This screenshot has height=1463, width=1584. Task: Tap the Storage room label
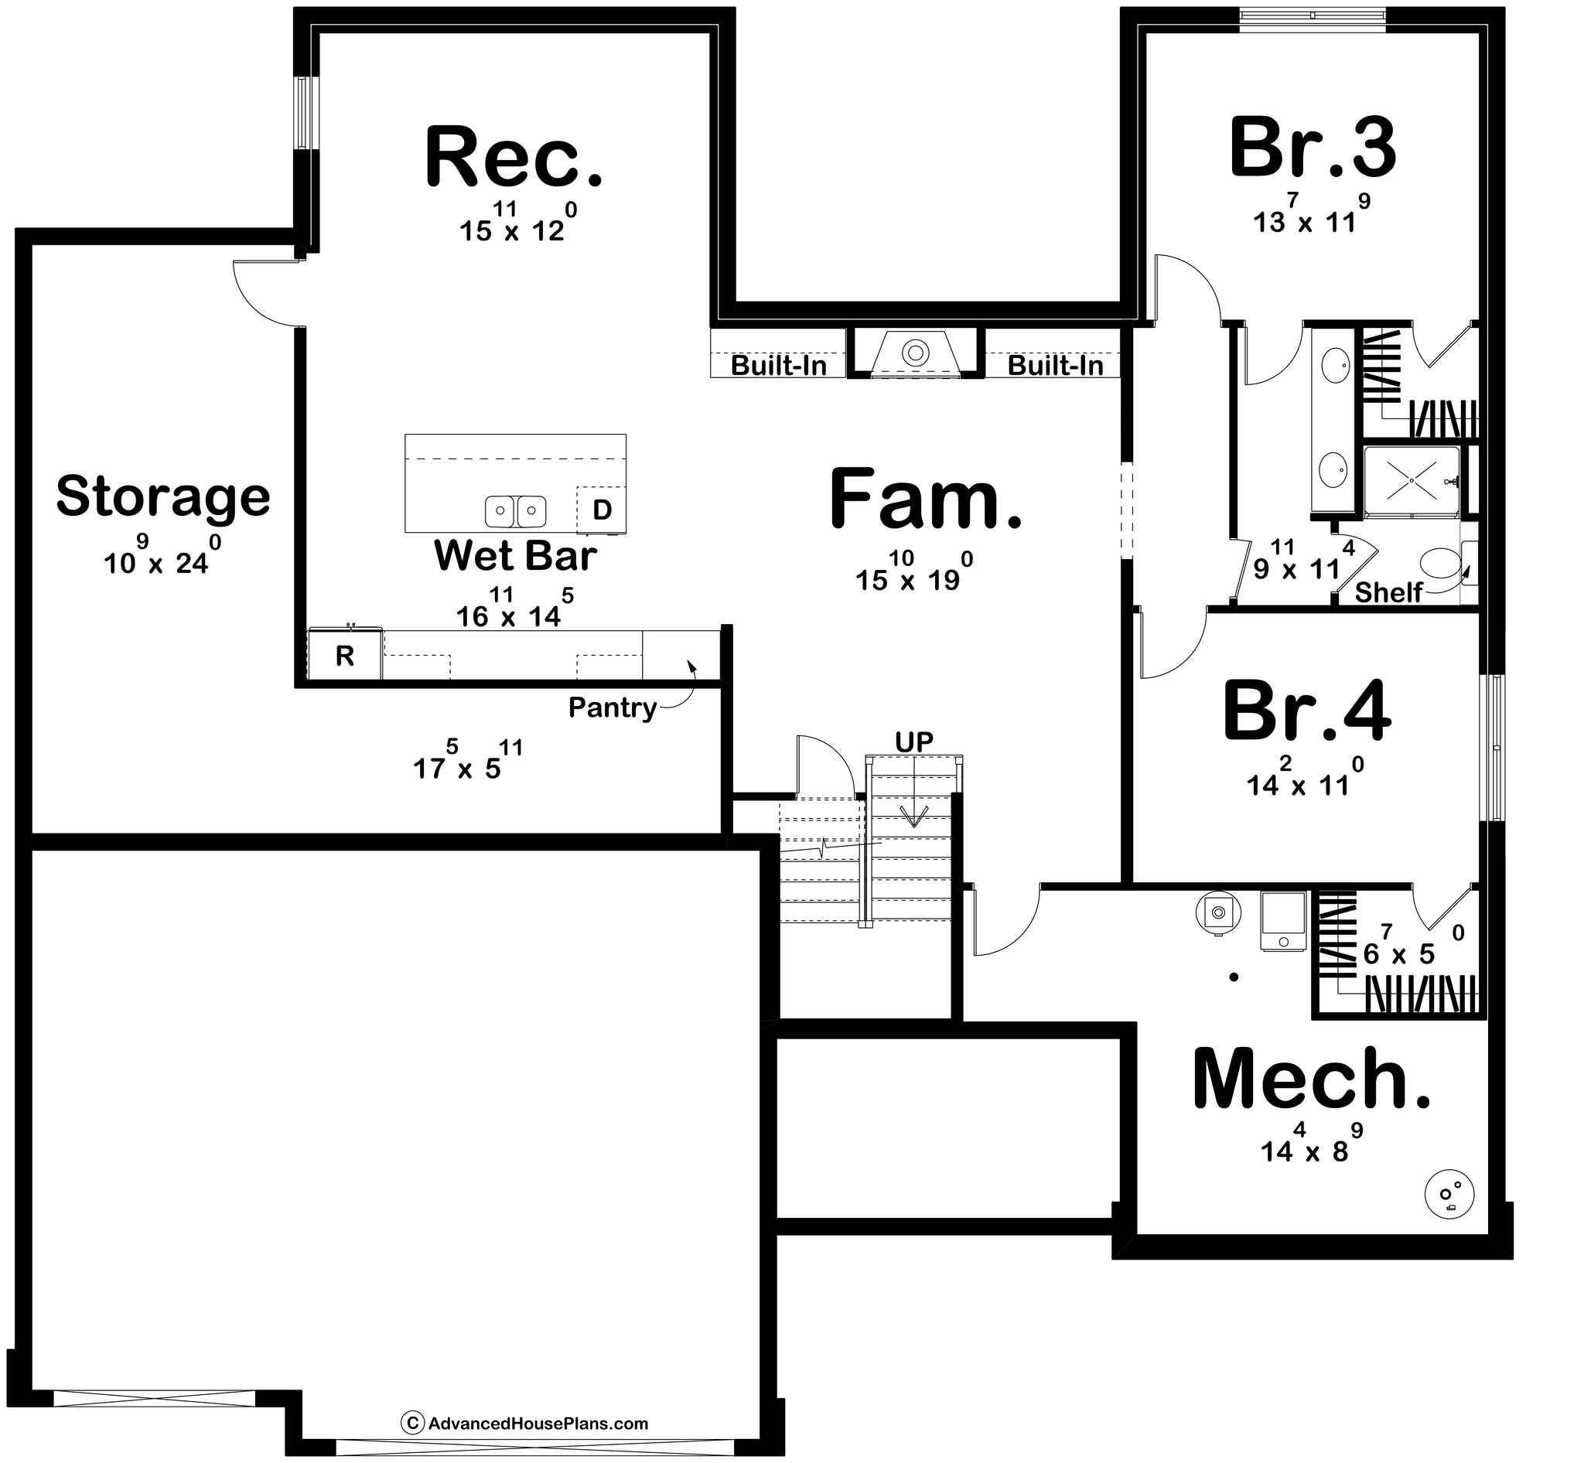click(x=163, y=497)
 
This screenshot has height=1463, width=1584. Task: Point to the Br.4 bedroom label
click(x=1306, y=711)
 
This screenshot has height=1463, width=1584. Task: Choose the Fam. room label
click(x=925, y=499)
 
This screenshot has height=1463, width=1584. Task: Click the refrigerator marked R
click(x=344, y=656)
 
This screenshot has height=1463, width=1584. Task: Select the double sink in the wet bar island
click(x=516, y=510)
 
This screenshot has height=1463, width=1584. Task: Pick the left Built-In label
click(x=779, y=366)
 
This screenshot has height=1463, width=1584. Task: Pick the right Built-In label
click(x=1055, y=366)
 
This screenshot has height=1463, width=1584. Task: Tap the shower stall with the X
click(x=1411, y=480)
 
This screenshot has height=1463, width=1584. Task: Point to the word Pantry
click(x=613, y=708)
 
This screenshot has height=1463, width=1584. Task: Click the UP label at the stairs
click(x=914, y=742)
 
